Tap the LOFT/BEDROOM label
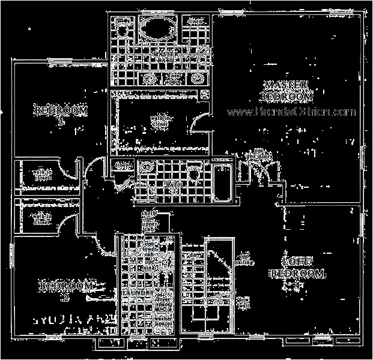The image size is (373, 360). point(297,268)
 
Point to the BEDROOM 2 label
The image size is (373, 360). point(67,289)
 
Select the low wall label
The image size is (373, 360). point(243,301)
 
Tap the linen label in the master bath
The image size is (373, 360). point(196,23)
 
